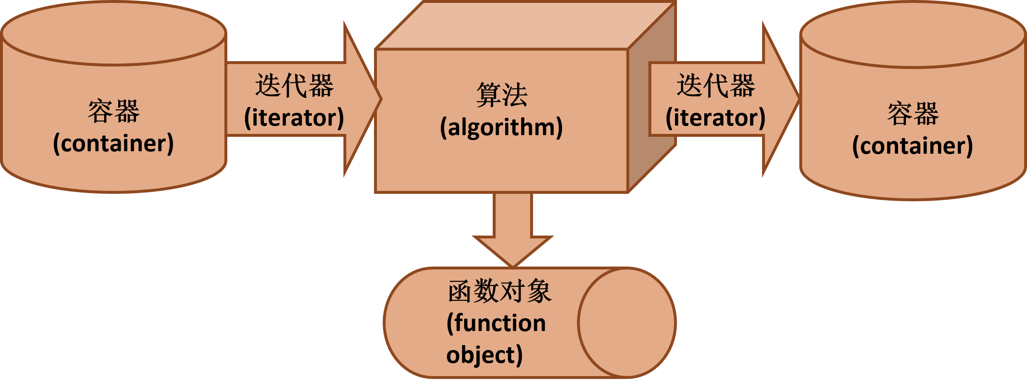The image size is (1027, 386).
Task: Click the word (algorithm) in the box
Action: [501, 127]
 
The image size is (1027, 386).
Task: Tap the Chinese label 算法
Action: [502, 95]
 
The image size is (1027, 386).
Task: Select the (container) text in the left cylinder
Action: [113, 143]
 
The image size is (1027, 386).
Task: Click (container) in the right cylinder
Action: [913, 145]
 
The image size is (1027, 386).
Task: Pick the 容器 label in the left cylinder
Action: [114, 111]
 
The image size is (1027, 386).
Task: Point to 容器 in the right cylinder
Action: [913, 114]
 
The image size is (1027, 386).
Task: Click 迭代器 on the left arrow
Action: [294, 86]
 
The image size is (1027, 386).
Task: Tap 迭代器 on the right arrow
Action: [716, 86]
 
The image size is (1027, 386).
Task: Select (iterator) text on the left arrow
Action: [294, 118]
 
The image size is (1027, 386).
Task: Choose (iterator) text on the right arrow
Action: [715, 118]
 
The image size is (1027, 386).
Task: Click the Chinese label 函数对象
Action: [500, 291]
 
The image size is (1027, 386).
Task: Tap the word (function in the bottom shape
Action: [496, 323]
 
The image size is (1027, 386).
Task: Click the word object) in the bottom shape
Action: [484, 355]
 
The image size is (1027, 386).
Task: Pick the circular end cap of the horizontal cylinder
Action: [626, 322]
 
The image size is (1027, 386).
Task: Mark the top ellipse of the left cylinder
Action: [114, 33]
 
